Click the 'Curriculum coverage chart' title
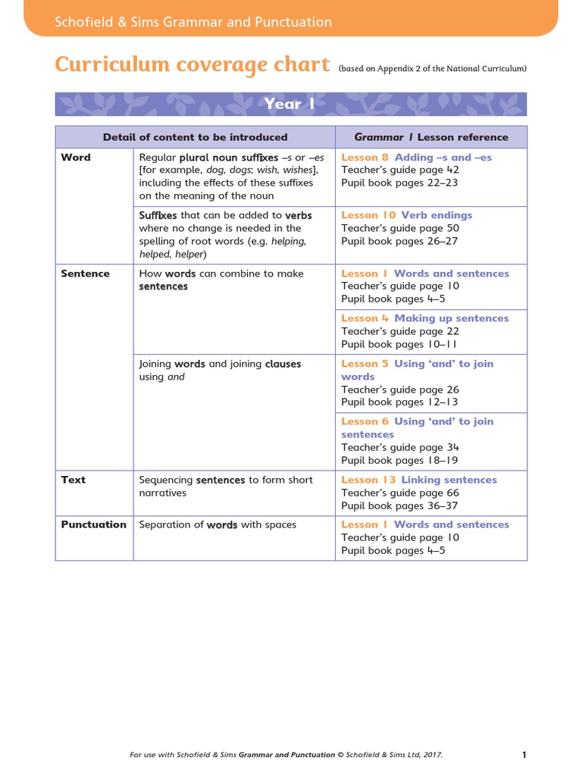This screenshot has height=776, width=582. pyautogui.click(x=192, y=64)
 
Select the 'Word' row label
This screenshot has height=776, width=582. pyautogui.click(x=76, y=158)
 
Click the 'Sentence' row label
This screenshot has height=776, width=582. pyautogui.click(x=85, y=274)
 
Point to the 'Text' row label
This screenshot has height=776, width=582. pyautogui.click(x=74, y=480)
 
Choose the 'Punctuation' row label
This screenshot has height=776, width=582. pyautogui.click(x=93, y=524)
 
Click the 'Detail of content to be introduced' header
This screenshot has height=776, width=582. pyautogui.click(x=196, y=137)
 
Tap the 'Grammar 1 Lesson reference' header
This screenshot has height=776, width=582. pyautogui.click(x=431, y=137)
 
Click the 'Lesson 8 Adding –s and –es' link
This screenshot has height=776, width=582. pyautogui.click(x=416, y=158)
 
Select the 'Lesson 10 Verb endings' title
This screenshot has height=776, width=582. pyautogui.click(x=406, y=215)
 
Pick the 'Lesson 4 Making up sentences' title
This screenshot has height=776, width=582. pyautogui.click(x=424, y=318)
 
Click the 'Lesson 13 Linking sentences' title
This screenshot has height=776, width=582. pyautogui.click(x=419, y=480)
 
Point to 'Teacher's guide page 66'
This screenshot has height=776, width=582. pyautogui.click(x=400, y=493)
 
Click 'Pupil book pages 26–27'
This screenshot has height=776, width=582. pyautogui.click(x=399, y=241)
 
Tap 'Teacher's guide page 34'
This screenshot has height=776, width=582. pyautogui.click(x=400, y=447)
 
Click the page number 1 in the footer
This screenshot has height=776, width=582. pyautogui.click(x=524, y=734)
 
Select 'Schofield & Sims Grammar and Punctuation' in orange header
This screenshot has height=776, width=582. pyautogui.click(x=193, y=22)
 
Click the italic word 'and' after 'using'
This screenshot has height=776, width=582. pyautogui.click(x=176, y=377)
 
